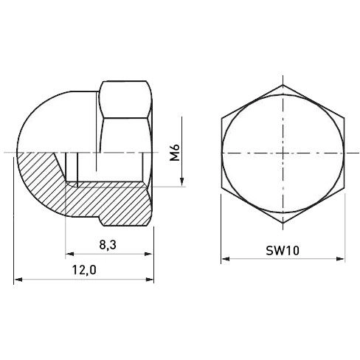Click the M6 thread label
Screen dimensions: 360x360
click(175, 153)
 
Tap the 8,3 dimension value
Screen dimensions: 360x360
click(108, 245)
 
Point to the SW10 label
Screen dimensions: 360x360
click(283, 251)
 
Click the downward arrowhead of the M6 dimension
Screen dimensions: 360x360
click(181, 181)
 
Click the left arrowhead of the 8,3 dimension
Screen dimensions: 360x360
click(69, 254)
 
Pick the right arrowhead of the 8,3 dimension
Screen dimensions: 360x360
click(148, 254)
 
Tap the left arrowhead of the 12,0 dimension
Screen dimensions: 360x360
click(18, 280)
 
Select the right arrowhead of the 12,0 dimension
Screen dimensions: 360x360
click(150, 280)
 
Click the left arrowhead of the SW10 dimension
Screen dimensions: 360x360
click(226, 259)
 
